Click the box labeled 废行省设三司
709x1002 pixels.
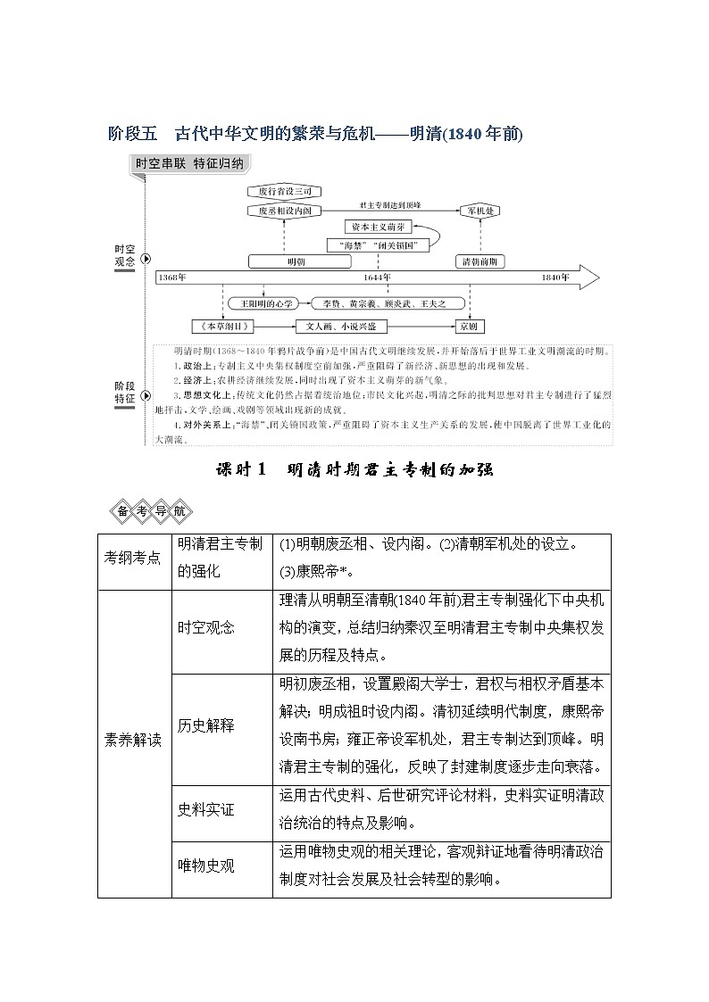coord(284,192)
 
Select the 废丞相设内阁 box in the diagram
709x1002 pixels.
coord(284,211)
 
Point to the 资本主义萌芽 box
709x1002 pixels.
coord(382,228)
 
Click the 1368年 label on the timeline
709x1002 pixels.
coord(173,277)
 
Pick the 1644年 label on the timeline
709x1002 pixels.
coord(377,277)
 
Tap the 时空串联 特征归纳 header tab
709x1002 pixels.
coord(188,164)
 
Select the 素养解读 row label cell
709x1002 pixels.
coord(133,740)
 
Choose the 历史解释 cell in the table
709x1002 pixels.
coord(206,725)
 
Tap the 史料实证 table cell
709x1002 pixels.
coord(206,809)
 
